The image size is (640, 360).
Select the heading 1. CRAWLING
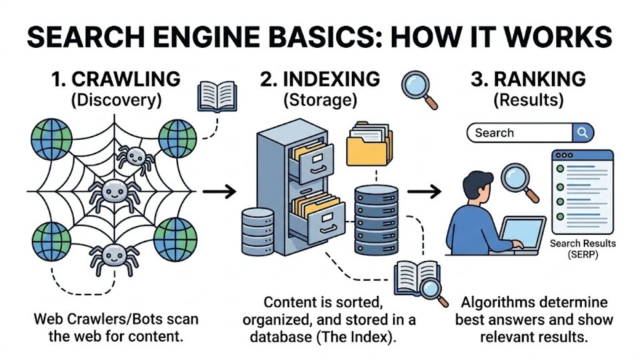coord(116,79)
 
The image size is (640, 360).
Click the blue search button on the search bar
coord(582,133)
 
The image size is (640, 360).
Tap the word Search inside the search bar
coord(494,133)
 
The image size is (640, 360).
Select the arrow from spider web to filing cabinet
coord(219,192)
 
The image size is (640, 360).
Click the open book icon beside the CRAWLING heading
coord(217,95)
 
